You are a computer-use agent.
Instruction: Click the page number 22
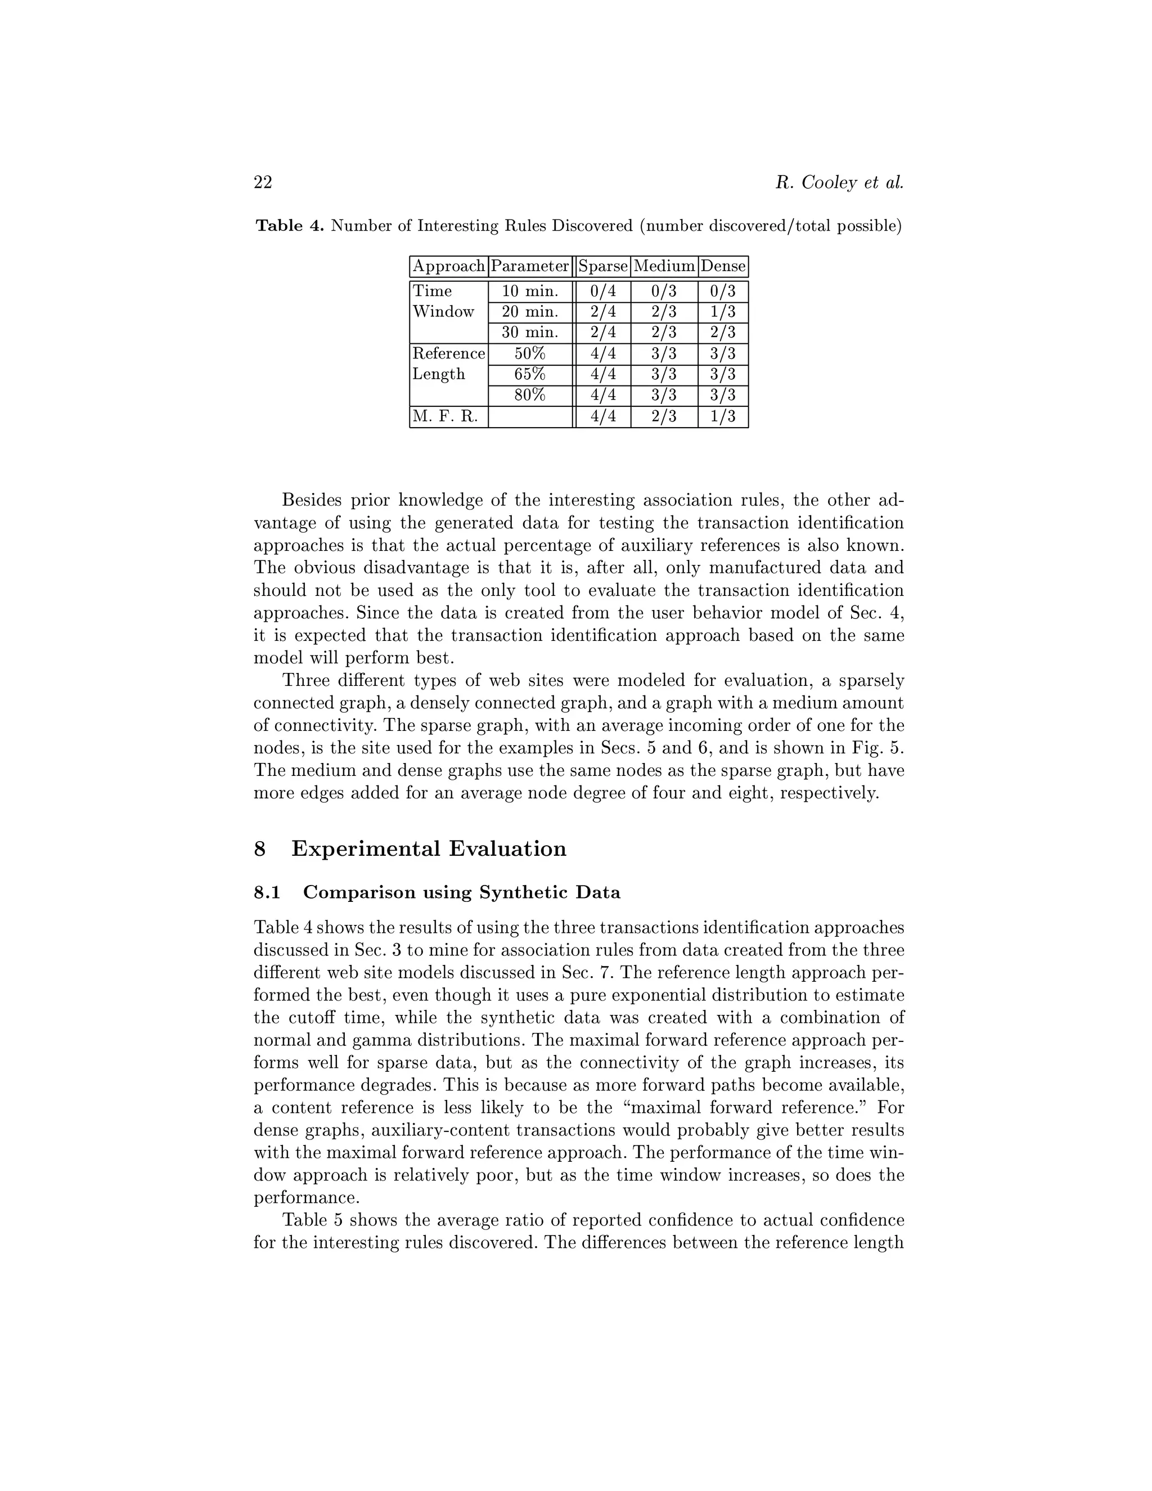click(x=263, y=182)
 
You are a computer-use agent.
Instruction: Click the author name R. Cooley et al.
click(x=839, y=182)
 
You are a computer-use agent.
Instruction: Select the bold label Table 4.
click(x=289, y=226)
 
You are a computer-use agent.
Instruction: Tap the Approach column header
click(x=448, y=266)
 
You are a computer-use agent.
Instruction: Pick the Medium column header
click(x=664, y=266)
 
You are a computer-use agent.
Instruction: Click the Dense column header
click(x=723, y=266)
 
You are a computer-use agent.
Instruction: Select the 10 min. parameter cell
click(x=529, y=291)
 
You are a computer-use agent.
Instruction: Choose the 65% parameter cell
click(x=529, y=375)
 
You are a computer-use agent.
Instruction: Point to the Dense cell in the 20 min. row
click(x=723, y=312)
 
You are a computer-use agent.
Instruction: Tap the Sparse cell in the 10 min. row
click(x=602, y=291)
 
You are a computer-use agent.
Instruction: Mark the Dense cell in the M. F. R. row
click(x=723, y=416)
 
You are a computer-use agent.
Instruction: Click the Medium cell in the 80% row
click(x=664, y=396)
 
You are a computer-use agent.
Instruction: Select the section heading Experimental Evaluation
click(x=429, y=848)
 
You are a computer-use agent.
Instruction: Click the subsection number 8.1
click(x=267, y=892)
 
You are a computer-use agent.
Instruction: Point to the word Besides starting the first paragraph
click(x=310, y=500)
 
